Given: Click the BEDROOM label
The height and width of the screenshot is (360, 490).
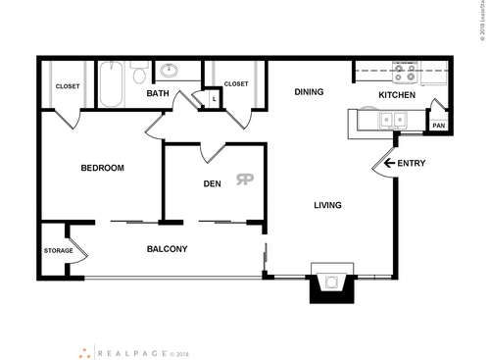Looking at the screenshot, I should click(102, 168).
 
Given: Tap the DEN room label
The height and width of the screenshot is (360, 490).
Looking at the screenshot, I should click(212, 183).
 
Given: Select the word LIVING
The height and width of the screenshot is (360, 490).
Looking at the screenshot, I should click(327, 205).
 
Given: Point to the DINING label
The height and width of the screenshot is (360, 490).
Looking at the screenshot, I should click(310, 92).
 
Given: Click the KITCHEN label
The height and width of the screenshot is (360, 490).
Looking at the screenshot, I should click(396, 96).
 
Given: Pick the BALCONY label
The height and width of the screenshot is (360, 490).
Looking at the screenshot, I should click(167, 249).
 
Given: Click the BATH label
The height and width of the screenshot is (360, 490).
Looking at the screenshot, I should click(159, 93).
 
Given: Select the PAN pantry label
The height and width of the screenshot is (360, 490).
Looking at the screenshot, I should click(438, 125).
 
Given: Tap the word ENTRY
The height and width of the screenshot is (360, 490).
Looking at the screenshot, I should click(412, 163).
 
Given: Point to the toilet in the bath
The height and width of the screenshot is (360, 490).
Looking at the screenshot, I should click(139, 75).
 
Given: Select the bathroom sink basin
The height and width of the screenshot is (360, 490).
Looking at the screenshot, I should click(169, 70).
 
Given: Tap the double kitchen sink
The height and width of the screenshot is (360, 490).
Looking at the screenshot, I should click(394, 121).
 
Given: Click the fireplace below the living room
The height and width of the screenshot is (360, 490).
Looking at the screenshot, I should click(329, 284).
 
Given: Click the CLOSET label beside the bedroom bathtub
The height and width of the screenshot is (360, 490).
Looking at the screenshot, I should click(68, 86).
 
